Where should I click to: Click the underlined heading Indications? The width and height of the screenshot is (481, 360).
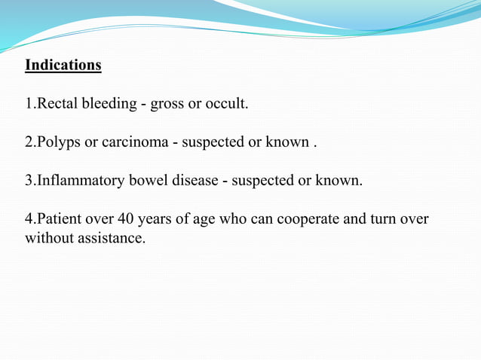pyautogui.click(x=63, y=65)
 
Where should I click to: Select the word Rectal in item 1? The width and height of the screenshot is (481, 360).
pyautogui.click(x=57, y=104)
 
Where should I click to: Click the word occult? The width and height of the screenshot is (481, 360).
pyautogui.click(x=226, y=104)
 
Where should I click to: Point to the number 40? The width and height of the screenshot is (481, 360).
pyautogui.click(x=125, y=220)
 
